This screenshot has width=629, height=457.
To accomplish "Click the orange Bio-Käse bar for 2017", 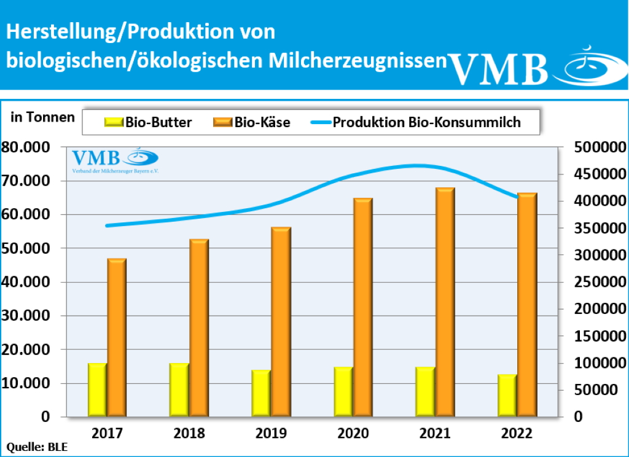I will (x=117, y=338).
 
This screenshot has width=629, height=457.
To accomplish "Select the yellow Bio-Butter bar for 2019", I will (x=261, y=393).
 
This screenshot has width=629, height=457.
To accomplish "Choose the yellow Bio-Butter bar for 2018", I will (x=179, y=390).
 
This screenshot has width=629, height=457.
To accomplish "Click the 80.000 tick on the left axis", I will (x=29, y=147).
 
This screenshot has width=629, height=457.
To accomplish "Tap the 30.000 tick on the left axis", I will (x=29, y=316).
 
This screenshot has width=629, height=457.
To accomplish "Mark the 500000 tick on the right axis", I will (x=595, y=147).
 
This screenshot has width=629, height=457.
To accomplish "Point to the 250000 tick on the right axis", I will (x=595, y=282).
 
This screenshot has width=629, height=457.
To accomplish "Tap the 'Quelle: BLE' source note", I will (x=37, y=447).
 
